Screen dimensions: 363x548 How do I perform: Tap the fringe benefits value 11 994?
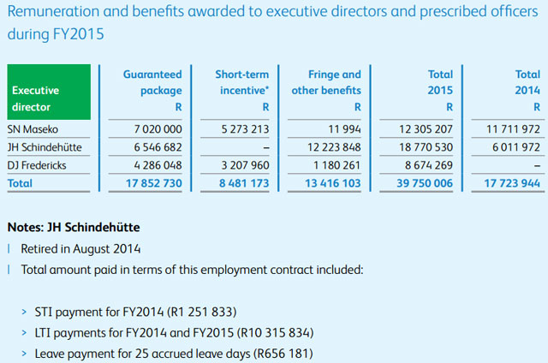coord(344,128)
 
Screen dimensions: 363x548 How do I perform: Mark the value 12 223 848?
coord(334,146)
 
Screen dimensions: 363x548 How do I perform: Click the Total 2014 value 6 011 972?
coord(515,146)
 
